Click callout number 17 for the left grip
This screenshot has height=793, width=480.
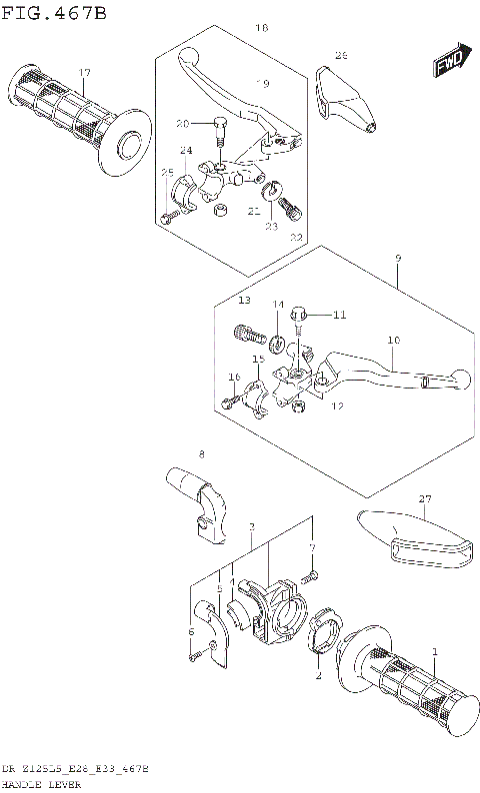(x=85, y=73)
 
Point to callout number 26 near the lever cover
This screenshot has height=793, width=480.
(x=340, y=55)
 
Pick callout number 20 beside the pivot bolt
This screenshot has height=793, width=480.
(x=182, y=124)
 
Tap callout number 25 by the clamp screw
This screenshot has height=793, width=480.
(x=167, y=172)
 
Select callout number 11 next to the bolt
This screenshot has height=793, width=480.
(x=339, y=315)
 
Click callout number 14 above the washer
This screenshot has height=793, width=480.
(x=278, y=304)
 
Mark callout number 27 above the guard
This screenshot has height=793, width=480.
(x=424, y=498)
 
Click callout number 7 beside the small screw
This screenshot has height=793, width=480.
(x=312, y=547)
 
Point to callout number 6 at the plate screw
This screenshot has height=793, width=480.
(x=191, y=631)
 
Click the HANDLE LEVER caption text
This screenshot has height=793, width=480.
(x=35, y=785)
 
